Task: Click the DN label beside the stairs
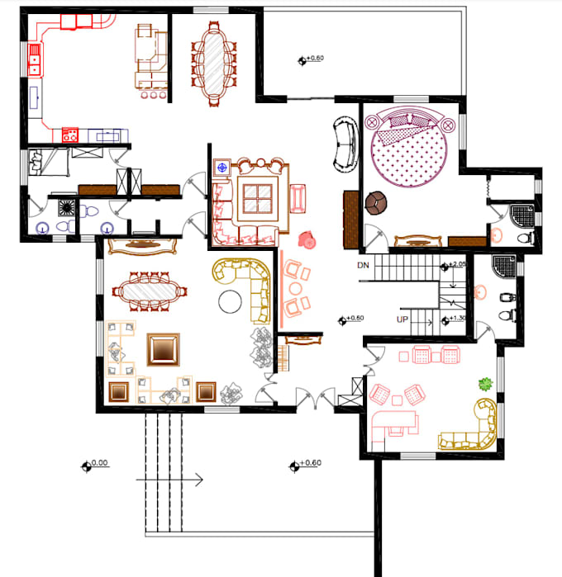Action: [363, 265]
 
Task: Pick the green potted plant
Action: [485, 384]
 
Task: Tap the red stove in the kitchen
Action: [69, 133]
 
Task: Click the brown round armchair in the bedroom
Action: [377, 202]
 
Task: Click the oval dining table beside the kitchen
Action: [214, 61]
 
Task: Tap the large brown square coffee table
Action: [162, 349]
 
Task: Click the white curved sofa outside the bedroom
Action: [343, 144]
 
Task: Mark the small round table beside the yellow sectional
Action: [229, 300]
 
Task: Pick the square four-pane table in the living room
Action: [260, 197]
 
